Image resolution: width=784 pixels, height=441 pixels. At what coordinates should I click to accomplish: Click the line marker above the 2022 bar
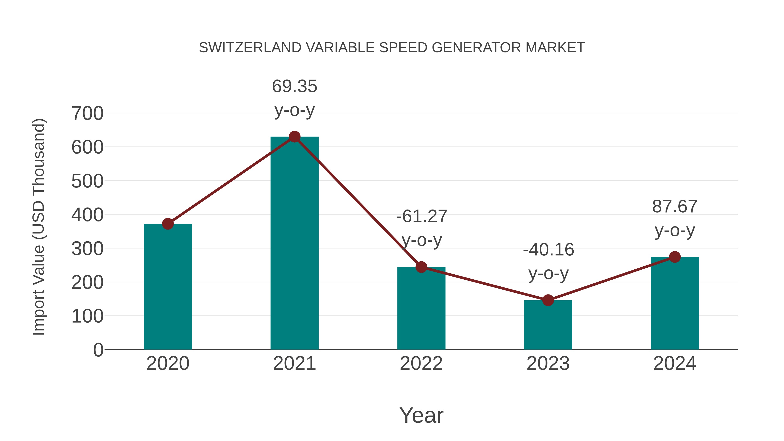(421, 267)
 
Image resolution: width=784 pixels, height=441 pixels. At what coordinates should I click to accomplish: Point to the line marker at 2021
(294, 137)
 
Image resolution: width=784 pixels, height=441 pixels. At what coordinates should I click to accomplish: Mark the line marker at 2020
(168, 224)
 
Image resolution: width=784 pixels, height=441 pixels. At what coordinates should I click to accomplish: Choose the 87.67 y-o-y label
(675, 206)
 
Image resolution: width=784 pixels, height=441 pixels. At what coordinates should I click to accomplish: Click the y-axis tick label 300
(87, 249)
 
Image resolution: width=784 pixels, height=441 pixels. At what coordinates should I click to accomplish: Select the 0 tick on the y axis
(98, 350)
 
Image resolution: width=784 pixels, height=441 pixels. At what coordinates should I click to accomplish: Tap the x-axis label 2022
(421, 363)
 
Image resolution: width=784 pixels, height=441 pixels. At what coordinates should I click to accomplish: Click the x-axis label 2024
(675, 363)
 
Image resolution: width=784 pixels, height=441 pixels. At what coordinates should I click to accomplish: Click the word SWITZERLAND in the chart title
(250, 48)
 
